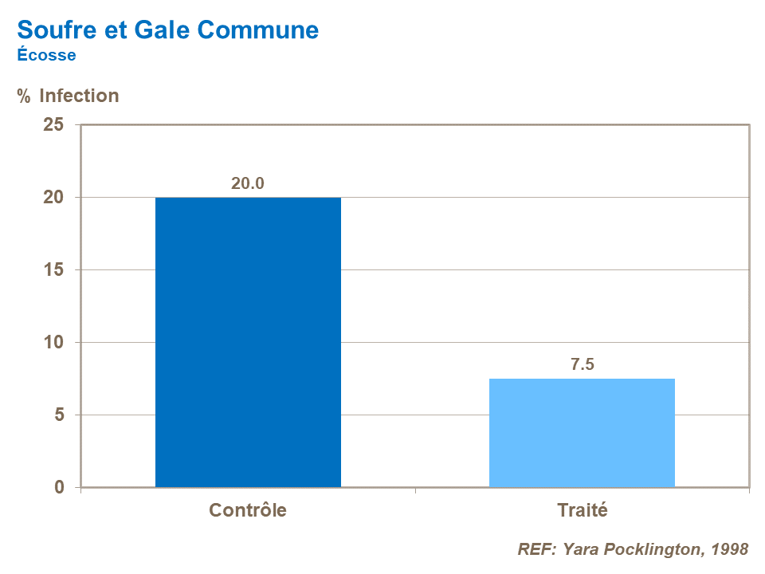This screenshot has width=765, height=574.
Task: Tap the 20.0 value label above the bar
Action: coord(248,183)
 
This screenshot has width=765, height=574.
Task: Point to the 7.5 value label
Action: coord(583,365)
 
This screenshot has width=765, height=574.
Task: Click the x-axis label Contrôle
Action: coord(248,510)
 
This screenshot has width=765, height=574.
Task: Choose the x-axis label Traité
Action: coord(582,510)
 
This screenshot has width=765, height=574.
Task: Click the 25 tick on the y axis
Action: coord(53,125)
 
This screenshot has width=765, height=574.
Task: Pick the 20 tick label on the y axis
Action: coord(53,198)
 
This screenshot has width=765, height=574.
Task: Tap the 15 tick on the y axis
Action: coord(53,270)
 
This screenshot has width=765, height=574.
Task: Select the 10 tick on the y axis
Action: coord(53,343)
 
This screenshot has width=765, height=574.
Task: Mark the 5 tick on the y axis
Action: coord(58,415)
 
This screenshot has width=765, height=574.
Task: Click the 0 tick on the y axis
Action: coord(58,487)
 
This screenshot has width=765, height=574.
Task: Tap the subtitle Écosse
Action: coord(46,55)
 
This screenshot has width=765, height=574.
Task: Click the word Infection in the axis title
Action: coord(79,96)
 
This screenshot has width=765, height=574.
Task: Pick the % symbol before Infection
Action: coord(24,96)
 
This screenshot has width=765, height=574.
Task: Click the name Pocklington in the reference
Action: coord(647,549)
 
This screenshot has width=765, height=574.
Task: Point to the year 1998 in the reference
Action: coord(729,549)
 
